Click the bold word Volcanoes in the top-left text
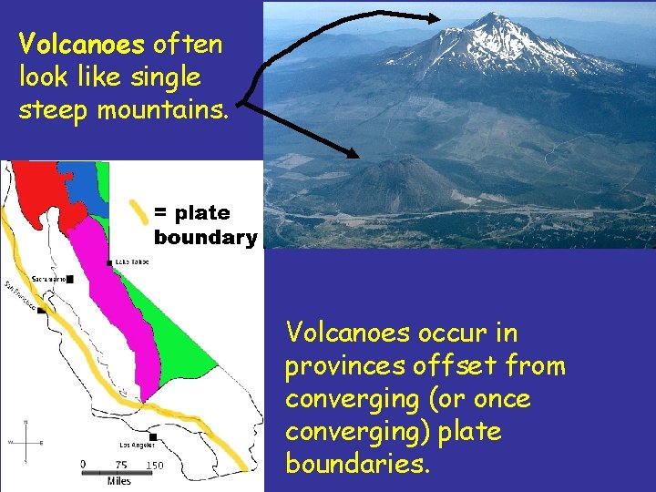(x=81, y=44)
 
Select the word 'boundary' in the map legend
(x=205, y=238)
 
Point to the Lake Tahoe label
(x=133, y=261)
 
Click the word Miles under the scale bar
(x=119, y=480)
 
